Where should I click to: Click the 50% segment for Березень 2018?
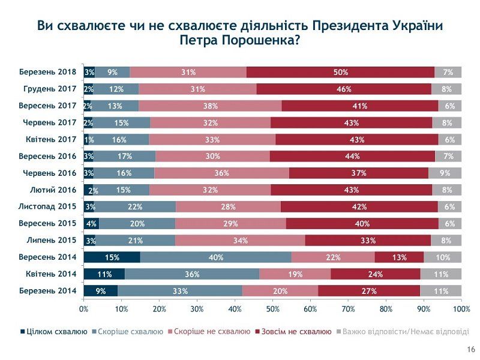(x=340, y=72)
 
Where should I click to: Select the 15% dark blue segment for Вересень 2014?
(x=112, y=257)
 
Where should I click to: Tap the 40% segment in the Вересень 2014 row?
(x=216, y=257)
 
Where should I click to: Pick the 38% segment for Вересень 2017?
(x=210, y=106)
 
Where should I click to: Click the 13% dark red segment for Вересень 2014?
(x=399, y=257)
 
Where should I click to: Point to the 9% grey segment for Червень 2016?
(x=445, y=173)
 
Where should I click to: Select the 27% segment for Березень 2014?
(x=368, y=291)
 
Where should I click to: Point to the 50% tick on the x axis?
(x=272, y=309)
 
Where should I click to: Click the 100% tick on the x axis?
(x=461, y=309)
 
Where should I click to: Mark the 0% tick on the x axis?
(x=84, y=309)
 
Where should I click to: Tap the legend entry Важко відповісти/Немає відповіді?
(x=405, y=332)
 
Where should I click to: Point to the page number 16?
(x=470, y=350)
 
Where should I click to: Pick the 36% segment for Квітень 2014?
(x=192, y=274)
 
